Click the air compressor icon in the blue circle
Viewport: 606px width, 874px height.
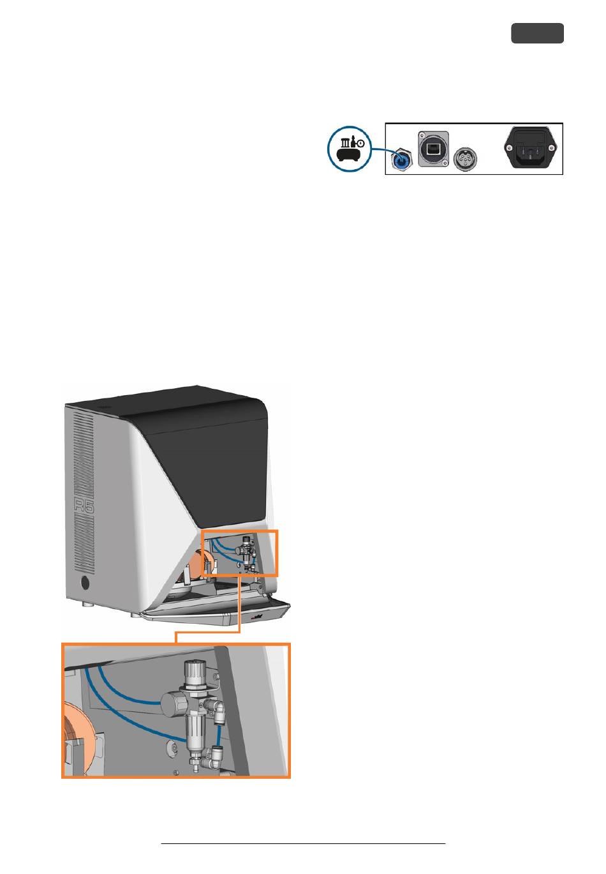[x=349, y=149]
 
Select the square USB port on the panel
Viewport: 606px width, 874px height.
[x=433, y=149]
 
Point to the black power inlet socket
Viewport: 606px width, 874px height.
[x=529, y=148]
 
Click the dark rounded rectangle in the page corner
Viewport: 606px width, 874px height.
[x=537, y=33]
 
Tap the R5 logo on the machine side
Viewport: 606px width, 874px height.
[x=84, y=506]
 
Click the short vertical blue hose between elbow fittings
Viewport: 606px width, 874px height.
[x=219, y=734]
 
